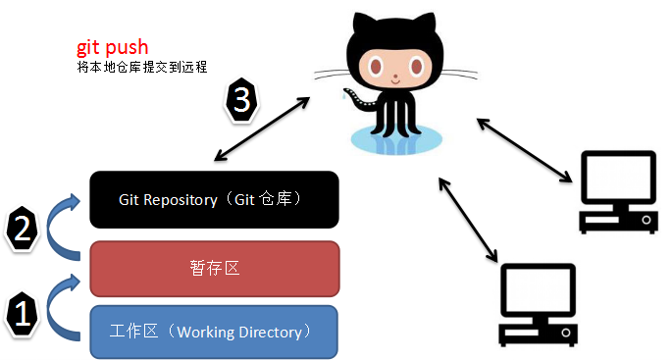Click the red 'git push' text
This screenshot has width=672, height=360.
tap(113, 48)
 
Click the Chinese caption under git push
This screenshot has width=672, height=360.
tap(141, 68)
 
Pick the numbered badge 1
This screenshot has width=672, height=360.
tap(23, 315)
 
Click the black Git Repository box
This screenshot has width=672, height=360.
tap(214, 199)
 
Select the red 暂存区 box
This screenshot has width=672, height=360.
tap(214, 267)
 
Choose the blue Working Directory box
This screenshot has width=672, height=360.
tap(214, 332)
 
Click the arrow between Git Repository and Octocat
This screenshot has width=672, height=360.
tap(263, 123)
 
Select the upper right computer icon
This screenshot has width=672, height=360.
tap(617, 190)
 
